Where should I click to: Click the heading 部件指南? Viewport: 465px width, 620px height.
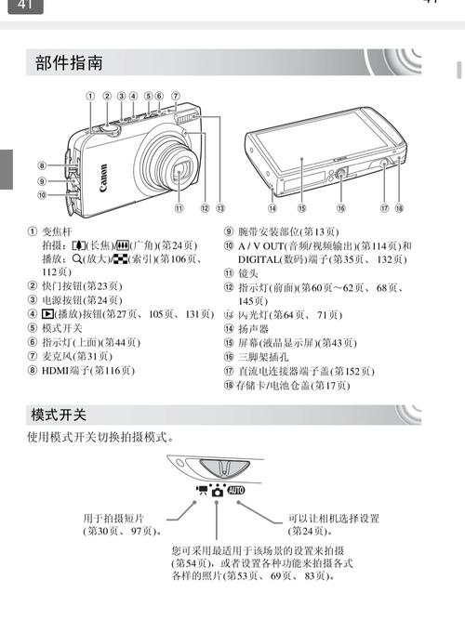69,63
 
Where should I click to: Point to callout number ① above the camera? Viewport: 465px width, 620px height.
91,96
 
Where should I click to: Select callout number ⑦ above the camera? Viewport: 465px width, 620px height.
175,96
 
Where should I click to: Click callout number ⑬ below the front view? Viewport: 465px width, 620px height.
220,208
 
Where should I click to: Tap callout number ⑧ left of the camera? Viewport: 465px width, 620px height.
43,165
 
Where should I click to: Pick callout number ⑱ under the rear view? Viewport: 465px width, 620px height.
398,208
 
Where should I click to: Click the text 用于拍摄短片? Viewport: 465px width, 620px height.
113,518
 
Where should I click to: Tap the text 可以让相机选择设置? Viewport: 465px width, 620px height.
335,518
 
